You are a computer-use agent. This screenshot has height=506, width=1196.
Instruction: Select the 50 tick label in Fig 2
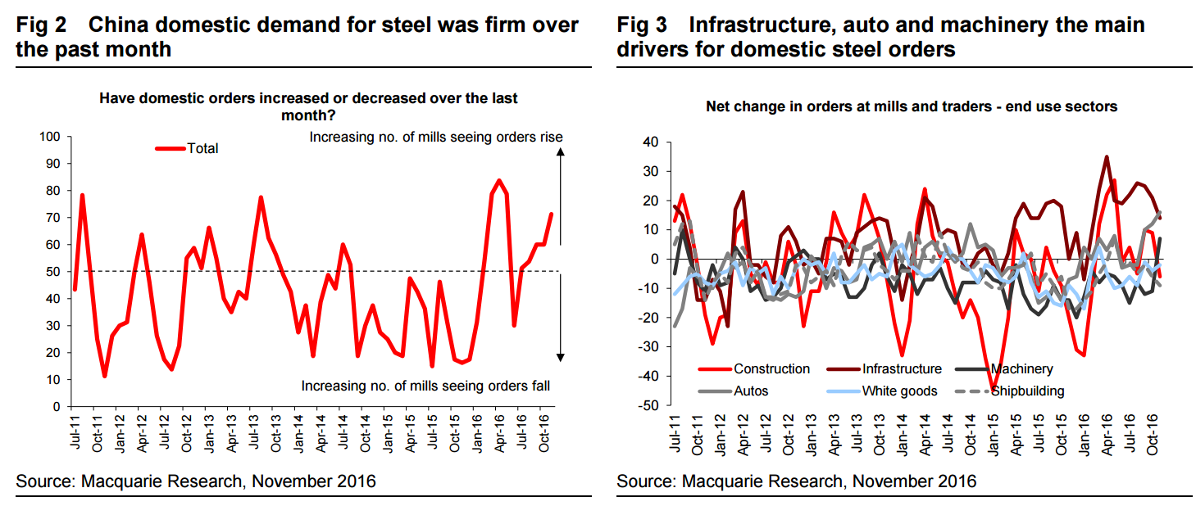[52, 271]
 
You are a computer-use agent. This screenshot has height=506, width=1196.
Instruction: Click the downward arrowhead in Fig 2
[561, 356]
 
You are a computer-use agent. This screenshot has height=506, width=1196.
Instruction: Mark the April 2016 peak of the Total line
[498, 180]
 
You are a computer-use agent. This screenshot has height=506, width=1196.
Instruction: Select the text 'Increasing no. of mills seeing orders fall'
[425, 386]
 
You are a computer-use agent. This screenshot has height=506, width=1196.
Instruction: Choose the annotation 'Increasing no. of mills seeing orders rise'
[435, 137]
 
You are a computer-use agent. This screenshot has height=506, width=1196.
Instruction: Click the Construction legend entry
[771, 369]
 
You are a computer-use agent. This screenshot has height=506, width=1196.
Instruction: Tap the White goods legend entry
[899, 391]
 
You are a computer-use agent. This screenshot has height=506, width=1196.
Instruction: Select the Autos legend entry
[751, 391]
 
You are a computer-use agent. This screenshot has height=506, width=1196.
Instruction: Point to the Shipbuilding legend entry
[1028, 391]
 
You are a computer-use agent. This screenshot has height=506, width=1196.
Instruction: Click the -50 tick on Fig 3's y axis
[648, 405]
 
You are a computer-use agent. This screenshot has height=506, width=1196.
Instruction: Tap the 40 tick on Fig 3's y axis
[651, 142]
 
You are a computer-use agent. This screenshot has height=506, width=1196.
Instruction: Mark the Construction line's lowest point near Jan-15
[992, 390]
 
